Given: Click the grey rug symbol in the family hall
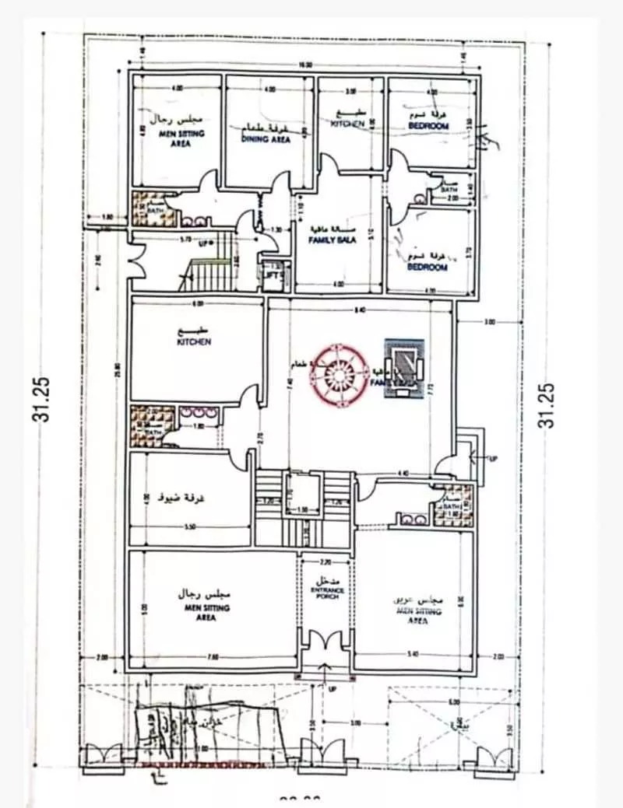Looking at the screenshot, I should pyautogui.click(x=405, y=369).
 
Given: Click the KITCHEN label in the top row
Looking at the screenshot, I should pyautogui.click(x=348, y=124).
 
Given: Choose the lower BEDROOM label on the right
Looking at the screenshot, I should pyautogui.click(x=428, y=267).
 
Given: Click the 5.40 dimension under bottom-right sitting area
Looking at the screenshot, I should pyautogui.click(x=412, y=655).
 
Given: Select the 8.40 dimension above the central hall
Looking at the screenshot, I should pyautogui.click(x=359, y=310).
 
